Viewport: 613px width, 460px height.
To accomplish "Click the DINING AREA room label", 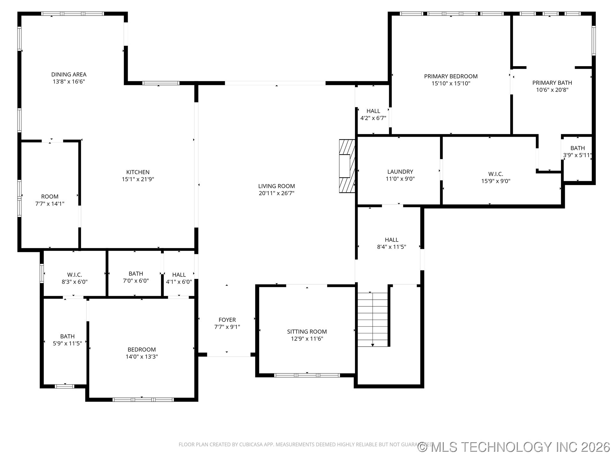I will click(69, 74).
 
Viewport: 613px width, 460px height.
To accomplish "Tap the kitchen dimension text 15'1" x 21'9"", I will click(138, 179).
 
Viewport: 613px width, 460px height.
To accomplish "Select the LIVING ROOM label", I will click(276, 186).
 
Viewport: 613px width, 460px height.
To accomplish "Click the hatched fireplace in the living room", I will click(347, 166).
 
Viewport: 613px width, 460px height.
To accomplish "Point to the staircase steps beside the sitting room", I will click(372, 319).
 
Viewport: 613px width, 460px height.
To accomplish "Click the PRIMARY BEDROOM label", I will click(450, 76).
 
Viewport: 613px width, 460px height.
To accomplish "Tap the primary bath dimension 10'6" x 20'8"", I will click(552, 90).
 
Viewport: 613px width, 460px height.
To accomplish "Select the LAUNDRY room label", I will click(400, 172).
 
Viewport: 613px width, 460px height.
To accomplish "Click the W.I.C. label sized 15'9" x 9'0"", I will click(496, 174).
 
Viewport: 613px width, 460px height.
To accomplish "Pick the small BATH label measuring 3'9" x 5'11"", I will click(578, 148).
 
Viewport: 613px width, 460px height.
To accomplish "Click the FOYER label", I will click(227, 320).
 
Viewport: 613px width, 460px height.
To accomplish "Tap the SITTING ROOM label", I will click(307, 332).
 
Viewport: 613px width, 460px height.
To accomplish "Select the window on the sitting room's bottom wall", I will click(307, 375).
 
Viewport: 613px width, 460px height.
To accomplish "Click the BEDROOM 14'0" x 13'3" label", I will click(141, 349).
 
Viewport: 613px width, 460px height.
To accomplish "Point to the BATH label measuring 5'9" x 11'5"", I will click(67, 336).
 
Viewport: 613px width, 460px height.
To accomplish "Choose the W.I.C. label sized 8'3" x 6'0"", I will click(74, 275).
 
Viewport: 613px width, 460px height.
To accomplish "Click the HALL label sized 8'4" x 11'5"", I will click(391, 240).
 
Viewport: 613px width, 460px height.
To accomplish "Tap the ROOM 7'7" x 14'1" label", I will click(50, 196).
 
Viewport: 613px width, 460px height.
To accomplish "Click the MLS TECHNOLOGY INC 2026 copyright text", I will click(514, 447).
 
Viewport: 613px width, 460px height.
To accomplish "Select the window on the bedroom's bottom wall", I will click(143, 399).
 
